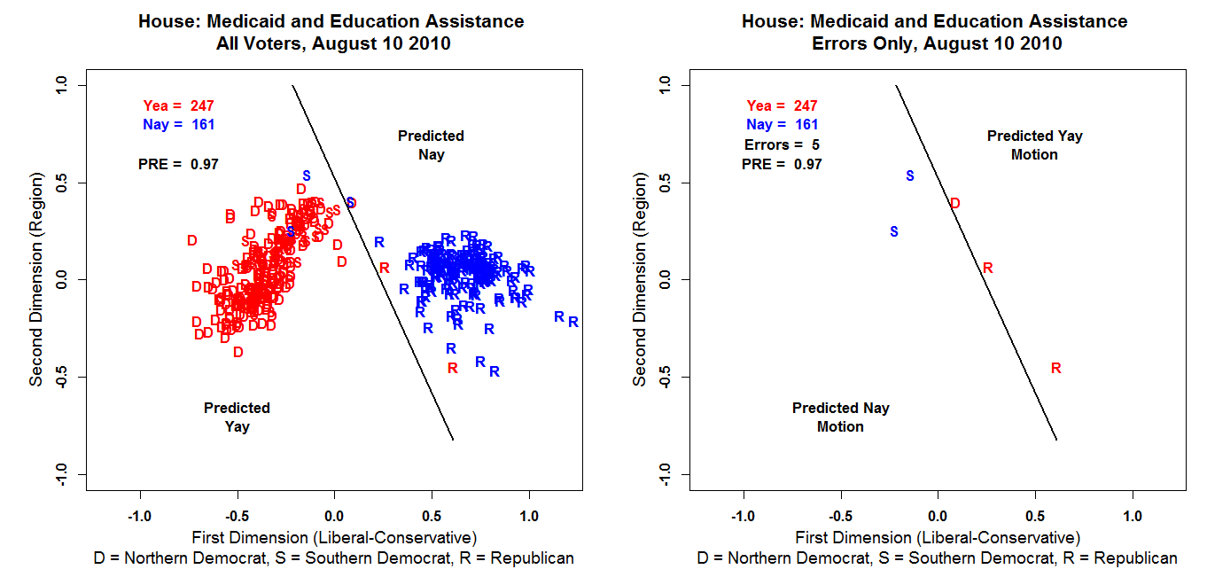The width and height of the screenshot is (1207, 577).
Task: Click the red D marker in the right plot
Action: point(954,204)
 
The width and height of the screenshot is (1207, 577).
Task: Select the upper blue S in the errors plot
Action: point(909,176)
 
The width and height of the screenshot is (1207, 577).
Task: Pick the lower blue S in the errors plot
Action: point(894,232)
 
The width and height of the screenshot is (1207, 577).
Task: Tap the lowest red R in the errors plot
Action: point(1055,369)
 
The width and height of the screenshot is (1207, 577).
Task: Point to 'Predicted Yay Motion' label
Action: point(1034,145)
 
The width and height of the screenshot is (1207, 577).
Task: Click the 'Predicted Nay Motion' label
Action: point(840,417)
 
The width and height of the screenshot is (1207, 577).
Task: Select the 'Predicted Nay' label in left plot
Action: point(431,145)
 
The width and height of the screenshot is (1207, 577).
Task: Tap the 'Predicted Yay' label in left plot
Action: point(237,417)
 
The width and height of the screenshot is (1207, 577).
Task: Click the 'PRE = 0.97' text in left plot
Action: point(178,164)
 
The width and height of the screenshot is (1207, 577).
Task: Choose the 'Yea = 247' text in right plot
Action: point(782,106)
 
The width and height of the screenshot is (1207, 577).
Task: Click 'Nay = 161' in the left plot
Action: point(178,125)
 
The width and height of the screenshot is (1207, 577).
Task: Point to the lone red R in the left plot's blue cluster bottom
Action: point(453,368)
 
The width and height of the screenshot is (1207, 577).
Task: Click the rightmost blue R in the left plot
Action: point(573,323)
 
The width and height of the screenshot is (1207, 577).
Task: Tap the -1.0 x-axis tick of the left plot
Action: point(140,516)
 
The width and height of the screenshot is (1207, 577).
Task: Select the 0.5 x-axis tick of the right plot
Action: point(1035,516)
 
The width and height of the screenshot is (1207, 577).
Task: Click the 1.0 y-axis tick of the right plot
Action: point(663,85)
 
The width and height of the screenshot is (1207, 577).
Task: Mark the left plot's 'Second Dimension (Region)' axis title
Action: point(36,280)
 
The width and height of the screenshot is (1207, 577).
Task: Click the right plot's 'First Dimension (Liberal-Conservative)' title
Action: point(938,537)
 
